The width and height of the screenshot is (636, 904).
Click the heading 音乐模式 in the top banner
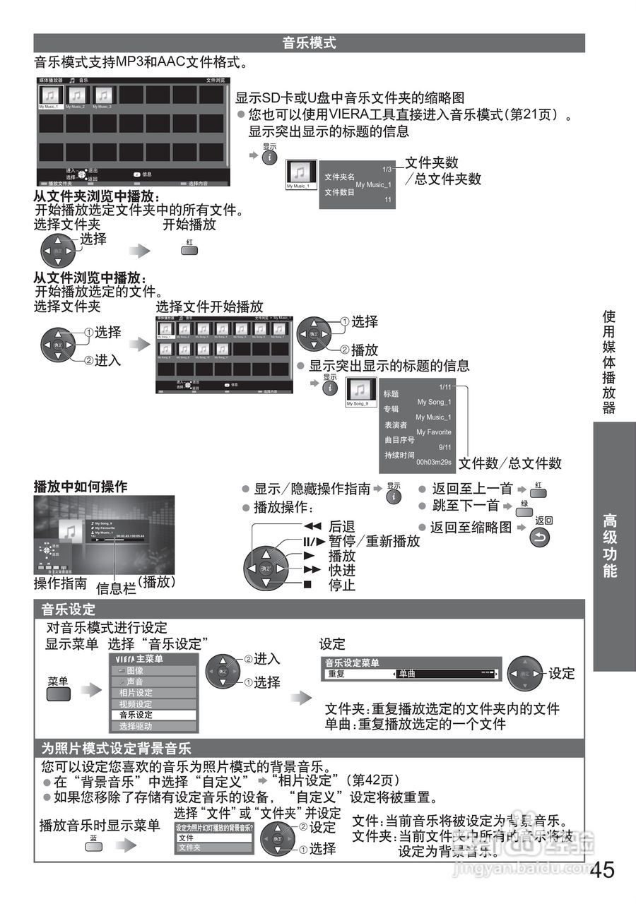point(309,43)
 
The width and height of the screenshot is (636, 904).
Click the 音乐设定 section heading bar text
point(68,609)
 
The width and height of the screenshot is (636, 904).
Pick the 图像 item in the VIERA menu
point(135,670)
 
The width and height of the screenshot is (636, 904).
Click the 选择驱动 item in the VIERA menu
point(136,726)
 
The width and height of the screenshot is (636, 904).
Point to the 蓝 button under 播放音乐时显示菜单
point(93,845)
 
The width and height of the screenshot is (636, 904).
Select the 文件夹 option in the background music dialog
point(189,847)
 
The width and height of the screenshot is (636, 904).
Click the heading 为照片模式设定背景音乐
point(116,749)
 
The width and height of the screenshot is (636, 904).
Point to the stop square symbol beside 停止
point(307,585)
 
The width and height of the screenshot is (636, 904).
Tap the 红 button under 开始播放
point(189,251)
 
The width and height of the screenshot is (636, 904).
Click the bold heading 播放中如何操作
point(81,487)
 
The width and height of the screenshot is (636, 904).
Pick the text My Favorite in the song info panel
point(433,432)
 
